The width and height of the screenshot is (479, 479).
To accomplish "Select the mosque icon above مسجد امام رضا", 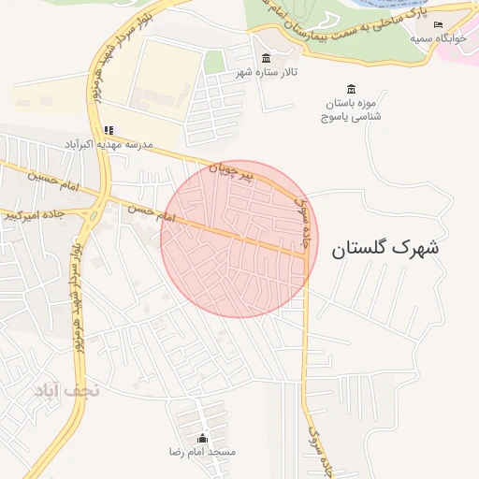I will tap(203, 438).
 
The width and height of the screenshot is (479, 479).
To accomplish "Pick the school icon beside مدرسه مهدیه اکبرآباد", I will tap(109, 130).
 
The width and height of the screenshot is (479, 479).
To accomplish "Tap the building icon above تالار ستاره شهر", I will tap(267, 59).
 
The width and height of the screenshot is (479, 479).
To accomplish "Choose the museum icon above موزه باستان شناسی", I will tap(351, 88).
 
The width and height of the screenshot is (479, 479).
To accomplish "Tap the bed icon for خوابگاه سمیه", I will tap(438, 24).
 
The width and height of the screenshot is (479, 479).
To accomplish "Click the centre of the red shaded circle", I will tap(239, 239).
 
